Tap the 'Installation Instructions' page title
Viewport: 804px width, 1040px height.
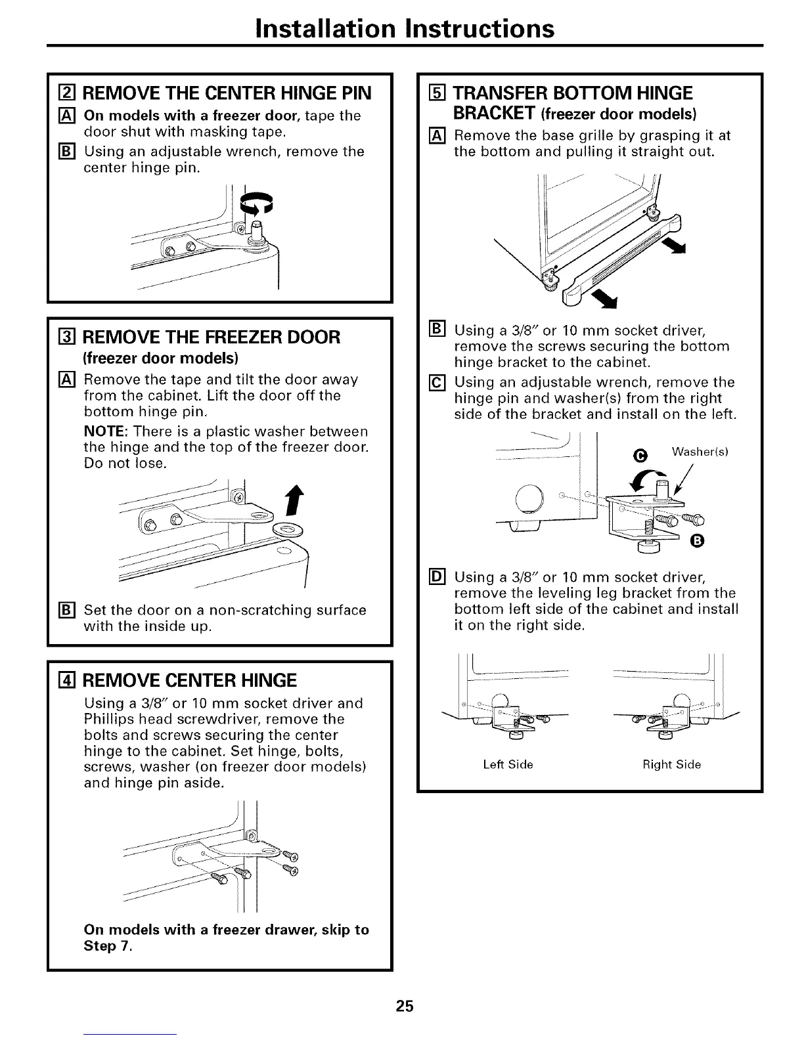[x=405, y=28]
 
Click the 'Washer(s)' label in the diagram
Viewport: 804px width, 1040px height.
[x=701, y=452]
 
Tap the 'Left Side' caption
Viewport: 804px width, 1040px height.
[x=508, y=764]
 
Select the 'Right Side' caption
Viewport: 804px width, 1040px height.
[x=671, y=764]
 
